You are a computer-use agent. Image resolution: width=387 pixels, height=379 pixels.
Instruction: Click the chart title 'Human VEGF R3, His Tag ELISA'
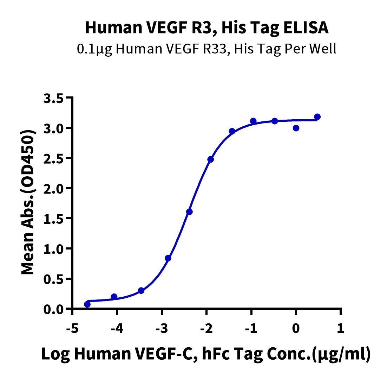point(207,27)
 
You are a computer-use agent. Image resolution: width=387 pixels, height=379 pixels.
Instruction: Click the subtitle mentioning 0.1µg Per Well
point(206,49)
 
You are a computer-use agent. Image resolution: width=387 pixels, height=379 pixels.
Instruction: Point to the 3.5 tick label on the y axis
point(54,98)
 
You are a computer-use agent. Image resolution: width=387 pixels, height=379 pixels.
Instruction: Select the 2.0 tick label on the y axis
point(54,189)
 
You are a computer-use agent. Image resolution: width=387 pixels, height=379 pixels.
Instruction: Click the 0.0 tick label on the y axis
point(54,309)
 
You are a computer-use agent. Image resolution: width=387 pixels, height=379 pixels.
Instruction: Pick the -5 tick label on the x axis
point(72,329)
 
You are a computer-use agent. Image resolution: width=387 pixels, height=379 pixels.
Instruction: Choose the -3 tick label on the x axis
point(162,329)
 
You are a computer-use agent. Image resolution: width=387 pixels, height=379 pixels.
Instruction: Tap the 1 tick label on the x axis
point(341,329)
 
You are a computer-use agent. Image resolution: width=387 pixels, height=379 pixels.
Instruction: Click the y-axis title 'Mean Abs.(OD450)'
point(27,202)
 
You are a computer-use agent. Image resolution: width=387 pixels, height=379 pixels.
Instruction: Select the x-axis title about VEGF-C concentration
point(206,354)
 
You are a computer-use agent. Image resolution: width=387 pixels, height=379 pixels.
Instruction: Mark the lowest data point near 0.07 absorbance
point(87,304)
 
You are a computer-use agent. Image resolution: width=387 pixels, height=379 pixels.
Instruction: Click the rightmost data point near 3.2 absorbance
point(317,117)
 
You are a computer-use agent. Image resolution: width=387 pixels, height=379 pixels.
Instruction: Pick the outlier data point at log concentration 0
point(296,128)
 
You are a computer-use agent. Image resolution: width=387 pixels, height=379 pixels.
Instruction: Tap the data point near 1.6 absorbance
point(189,212)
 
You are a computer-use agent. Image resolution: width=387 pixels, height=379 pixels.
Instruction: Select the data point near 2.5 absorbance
point(210,159)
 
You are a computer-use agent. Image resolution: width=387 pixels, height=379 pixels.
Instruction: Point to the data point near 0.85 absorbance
point(168,258)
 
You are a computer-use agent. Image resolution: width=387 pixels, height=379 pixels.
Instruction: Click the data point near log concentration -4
point(114,296)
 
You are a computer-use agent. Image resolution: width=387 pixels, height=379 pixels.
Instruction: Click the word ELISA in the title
point(306,27)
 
